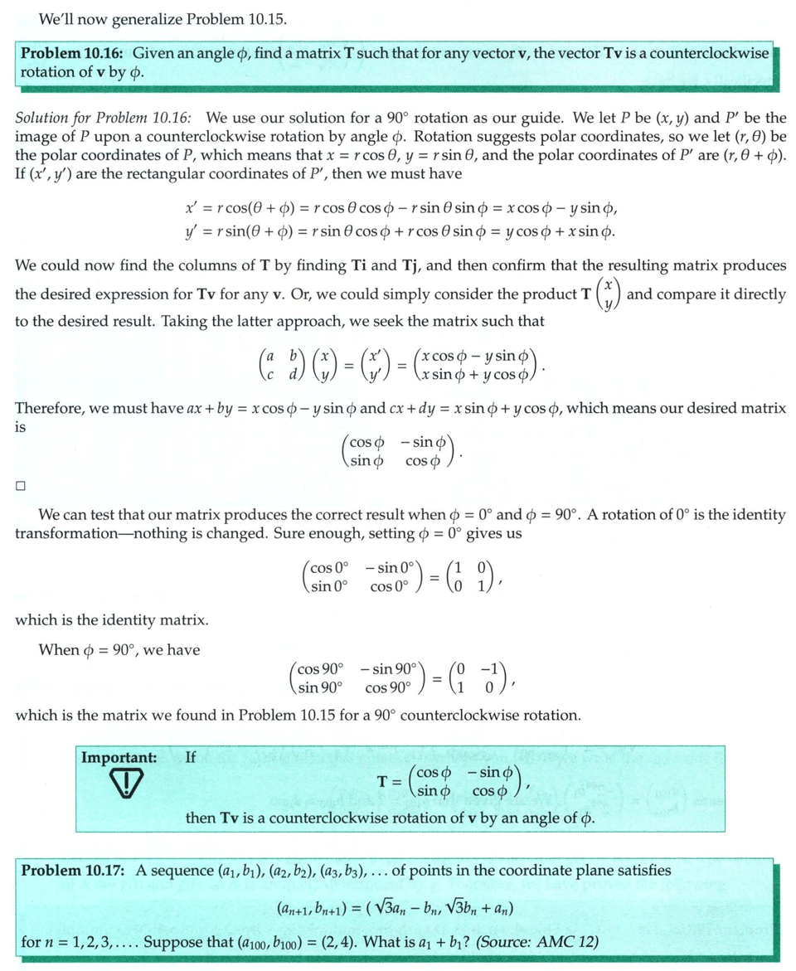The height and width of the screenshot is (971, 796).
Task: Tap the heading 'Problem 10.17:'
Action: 74,871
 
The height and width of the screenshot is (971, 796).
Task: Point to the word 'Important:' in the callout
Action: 119,757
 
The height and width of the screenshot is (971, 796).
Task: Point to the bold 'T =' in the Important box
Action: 390,781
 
